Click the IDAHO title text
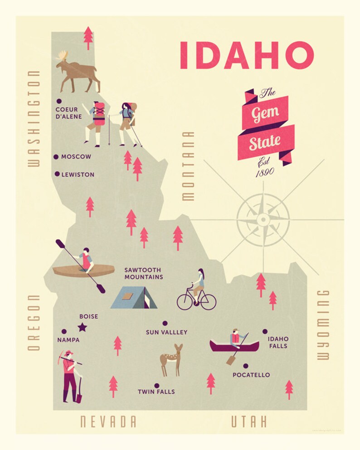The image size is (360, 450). (x=247, y=55)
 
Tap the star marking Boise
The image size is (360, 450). (x=82, y=327)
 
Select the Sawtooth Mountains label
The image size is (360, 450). (x=144, y=273)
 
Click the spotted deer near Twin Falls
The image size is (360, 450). (x=171, y=359)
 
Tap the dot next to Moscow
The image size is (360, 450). (x=56, y=157)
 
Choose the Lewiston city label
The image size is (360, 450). (x=78, y=174)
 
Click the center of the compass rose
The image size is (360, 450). (x=263, y=219)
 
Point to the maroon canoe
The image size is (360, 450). (x=234, y=347)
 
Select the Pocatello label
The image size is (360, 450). (x=251, y=375)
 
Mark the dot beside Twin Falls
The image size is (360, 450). (x=156, y=385)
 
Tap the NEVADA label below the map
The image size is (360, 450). (x=108, y=421)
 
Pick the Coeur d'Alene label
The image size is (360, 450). (x=68, y=113)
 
